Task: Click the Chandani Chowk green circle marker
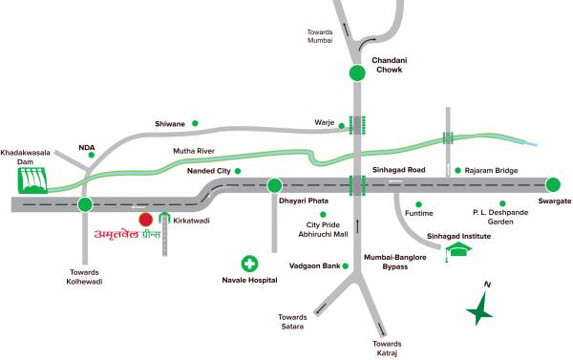(x=357, y=74)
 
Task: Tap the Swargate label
(x=554, y=202)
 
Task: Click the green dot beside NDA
(x=92, y=155)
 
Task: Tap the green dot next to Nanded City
(x=238, y=171)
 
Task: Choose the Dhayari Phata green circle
(x=275, y=186)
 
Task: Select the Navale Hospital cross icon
(x=249, y=263)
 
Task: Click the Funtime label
(x=419, y=214)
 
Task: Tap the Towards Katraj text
(x=387, y=348)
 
